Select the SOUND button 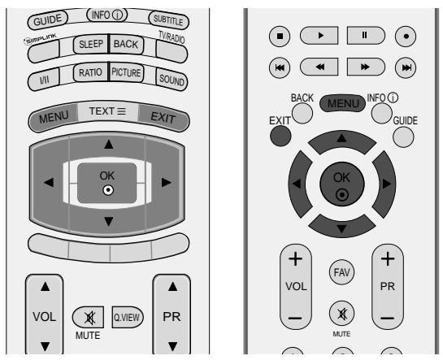pos(171,80)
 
